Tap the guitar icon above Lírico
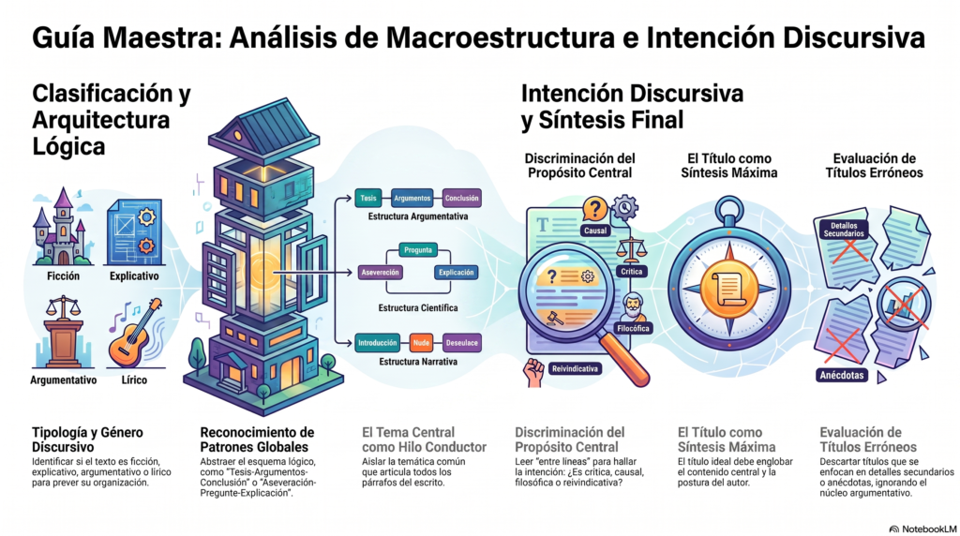135,333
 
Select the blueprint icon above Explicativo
134,231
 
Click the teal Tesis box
367,199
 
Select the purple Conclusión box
461,199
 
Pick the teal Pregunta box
417,249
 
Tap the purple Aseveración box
381,273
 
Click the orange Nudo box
421,343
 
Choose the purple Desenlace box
461,343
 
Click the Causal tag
595,231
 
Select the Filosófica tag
633,329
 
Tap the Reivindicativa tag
575,368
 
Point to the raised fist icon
533,371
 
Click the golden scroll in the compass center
728,289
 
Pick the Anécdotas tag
842,375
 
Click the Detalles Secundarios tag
844,230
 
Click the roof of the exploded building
265,129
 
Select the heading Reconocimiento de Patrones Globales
257,439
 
